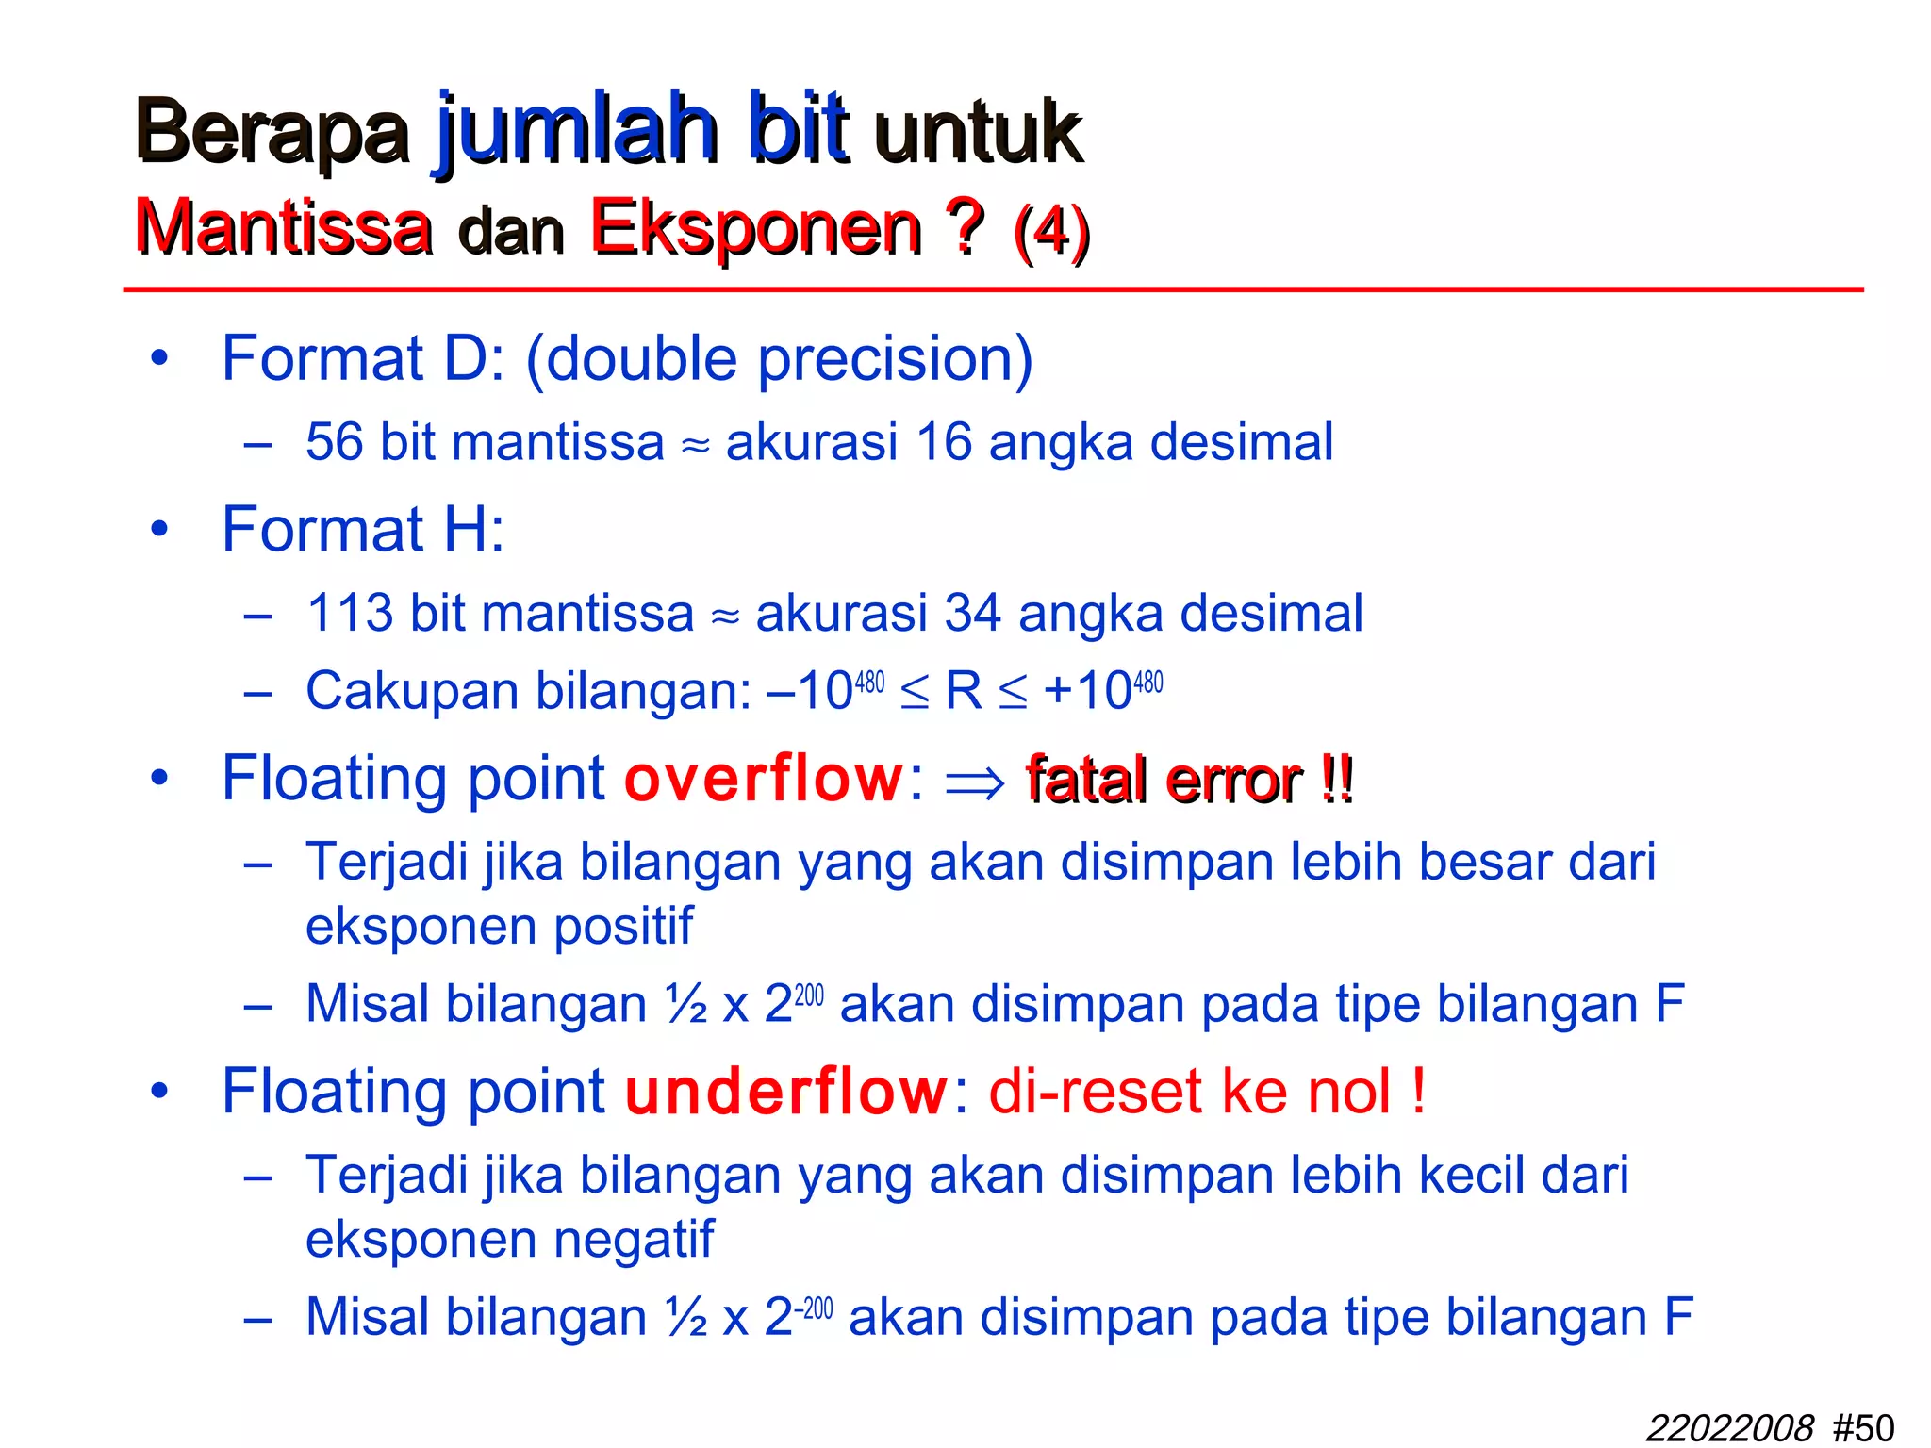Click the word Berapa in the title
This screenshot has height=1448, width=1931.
pos(272,132)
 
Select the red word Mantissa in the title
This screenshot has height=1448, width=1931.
pos(283,228)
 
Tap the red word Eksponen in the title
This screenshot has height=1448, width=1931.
pos(755,228)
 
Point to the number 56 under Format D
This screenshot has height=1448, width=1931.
pos(334,442)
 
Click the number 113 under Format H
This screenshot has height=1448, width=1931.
pos(350,614)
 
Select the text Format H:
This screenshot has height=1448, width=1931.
pos(363,529)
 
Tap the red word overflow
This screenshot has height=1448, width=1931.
pos(764,780)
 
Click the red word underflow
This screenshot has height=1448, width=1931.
pos(786,1093)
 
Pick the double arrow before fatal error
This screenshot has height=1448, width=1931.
pos(975,782)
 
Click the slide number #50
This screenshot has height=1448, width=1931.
pos(1863,1428)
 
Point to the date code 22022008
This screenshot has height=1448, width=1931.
pos(1730,1428)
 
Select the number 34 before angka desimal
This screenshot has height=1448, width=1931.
pos(972,614)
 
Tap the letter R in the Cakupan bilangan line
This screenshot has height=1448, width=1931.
pos(964,691)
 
